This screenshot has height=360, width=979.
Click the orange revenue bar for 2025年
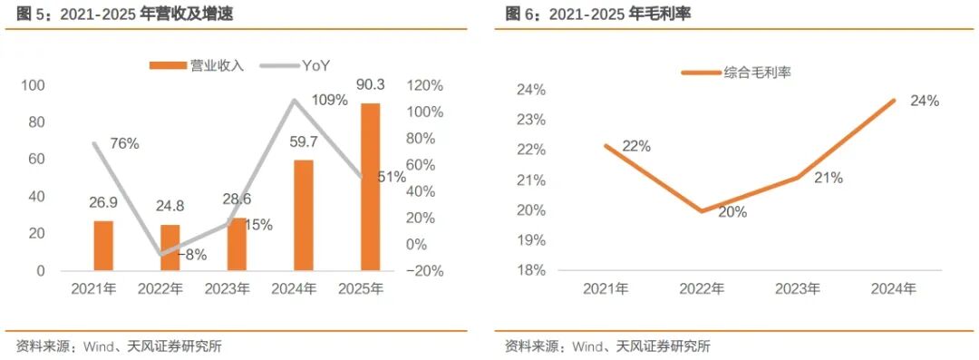(x=370, y=187)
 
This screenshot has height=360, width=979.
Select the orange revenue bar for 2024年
(x=304, y=216)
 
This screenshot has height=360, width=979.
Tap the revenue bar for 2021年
(x=103, y=246)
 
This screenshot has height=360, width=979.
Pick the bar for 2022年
(x=170, y=248)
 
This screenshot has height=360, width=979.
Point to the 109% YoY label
(x=329, y=100)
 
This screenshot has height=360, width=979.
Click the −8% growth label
(x=193, y=255)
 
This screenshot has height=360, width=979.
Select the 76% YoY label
(x=124, y=144)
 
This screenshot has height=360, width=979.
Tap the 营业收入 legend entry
(x=196, y=65)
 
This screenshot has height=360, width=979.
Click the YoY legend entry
(x=295, y=65)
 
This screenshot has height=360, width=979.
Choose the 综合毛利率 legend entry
(x=737, y=73)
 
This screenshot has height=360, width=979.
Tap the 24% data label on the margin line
(x=925, y=101)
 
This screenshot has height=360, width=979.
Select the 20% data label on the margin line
(x=732, y=212)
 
